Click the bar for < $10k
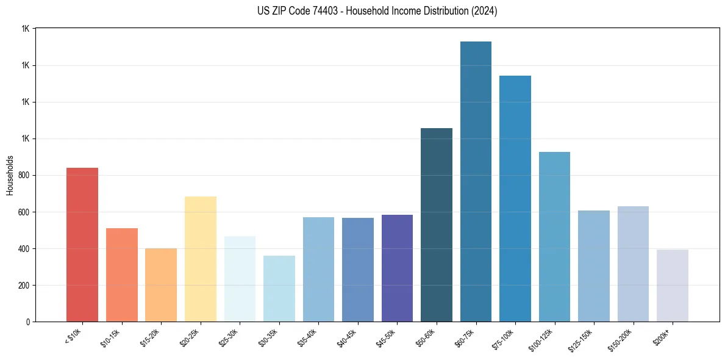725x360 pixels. (82, 245)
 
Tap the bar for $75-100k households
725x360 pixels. (515, 199)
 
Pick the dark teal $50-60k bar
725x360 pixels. (437, 225)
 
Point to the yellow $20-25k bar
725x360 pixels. (201, 259)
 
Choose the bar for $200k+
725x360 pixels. (673, 286)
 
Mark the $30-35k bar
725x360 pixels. (279, 289)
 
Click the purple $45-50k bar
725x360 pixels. (397, 268)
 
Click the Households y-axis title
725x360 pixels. (10, 175)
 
